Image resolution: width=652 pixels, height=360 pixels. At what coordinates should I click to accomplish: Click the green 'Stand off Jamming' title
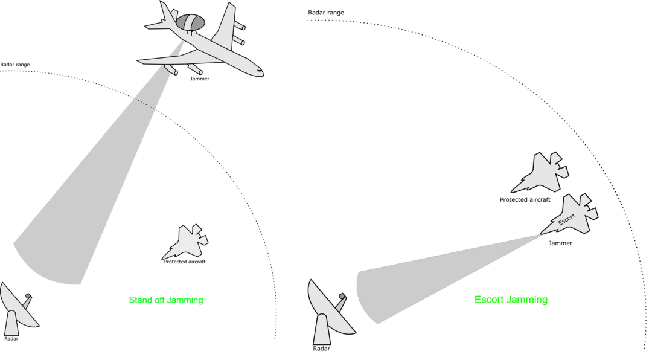[165, 300]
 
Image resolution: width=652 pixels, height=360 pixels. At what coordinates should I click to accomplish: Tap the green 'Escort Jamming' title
[511, 300]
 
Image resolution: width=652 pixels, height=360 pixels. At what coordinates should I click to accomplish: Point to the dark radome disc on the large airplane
[190, 22]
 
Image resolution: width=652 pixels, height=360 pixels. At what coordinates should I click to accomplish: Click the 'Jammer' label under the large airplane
[200, 79]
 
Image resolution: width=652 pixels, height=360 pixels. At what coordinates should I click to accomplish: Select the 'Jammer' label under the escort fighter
[560, 243]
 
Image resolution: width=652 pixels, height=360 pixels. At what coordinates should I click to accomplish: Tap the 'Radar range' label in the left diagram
[15, 65]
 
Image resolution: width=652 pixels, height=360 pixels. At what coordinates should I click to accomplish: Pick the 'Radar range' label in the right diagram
[326, 12]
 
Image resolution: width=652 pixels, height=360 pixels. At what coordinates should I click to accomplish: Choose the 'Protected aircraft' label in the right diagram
[524, 199]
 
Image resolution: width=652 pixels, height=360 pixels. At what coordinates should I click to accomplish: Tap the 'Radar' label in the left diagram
[11, 339]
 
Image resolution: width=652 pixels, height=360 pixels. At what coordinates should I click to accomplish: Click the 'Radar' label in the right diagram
[322, 349]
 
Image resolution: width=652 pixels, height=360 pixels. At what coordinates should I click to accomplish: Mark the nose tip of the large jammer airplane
[263, 72]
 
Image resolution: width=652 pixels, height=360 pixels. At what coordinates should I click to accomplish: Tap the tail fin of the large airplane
[165, 12]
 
